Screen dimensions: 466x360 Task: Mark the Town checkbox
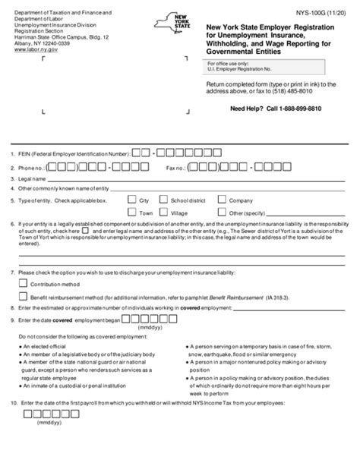point(131,213)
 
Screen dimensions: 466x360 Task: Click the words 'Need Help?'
point(240,109)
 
